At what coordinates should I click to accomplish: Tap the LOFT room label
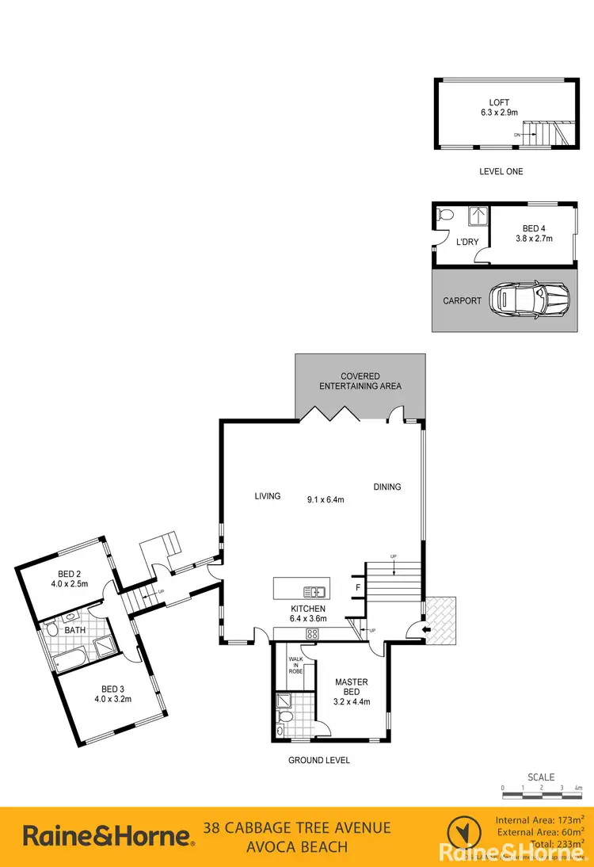500,102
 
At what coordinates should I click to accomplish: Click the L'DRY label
466,242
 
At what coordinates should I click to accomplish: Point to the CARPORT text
463,301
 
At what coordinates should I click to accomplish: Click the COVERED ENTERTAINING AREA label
360,381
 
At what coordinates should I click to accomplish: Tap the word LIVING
268,497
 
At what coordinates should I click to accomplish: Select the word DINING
387,487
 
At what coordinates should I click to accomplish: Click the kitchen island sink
314,591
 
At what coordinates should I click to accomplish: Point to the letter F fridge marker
358,588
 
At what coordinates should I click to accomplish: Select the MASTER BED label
351,687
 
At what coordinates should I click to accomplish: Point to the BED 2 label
70,574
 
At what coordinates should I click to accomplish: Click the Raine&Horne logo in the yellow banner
108,835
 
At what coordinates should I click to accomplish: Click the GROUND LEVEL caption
318,760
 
